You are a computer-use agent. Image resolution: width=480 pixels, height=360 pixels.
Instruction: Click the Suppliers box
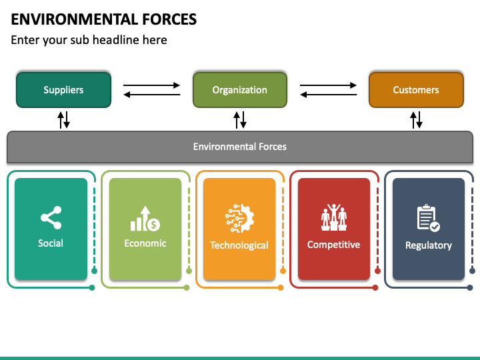[x=64, y=90]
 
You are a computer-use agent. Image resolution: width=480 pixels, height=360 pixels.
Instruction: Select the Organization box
[x=240, y=90]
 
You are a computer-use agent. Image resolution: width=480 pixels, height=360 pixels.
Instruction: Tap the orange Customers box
[x=416, y=90]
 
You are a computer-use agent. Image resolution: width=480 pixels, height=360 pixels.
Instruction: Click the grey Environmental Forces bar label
[x=240, y=147]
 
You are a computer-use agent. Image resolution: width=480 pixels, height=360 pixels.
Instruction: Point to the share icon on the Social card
[x=51, y=217]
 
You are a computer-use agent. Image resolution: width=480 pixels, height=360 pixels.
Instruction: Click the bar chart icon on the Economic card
[x=145, y=219]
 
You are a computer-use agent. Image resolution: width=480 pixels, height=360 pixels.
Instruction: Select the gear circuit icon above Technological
[x=239, y=218]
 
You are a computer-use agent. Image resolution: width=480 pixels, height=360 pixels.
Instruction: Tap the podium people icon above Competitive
[x=334, y=217]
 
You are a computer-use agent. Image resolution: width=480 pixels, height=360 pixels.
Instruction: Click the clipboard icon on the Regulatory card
[x=428, y=218]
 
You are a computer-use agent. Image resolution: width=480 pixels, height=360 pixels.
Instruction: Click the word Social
[x=51, y=243]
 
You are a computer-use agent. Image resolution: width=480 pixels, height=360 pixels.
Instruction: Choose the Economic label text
[x=145, y=243]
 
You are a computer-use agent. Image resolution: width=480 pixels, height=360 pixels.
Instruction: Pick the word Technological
[x=239, y=245]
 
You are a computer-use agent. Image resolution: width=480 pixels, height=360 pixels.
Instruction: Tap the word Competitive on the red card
[x=334, y=245]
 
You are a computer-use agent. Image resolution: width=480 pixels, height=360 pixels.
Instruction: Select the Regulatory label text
[x=429, y=245]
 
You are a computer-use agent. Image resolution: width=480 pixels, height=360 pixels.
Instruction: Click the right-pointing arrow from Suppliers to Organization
[x=151, y=85]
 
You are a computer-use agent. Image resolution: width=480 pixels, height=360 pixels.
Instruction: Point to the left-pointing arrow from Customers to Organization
[x=328, y=95]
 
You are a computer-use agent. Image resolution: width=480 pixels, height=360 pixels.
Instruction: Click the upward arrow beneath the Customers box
[x=413, y=120]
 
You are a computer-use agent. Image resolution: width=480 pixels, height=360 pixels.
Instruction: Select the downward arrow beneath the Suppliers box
[x=67, y=120]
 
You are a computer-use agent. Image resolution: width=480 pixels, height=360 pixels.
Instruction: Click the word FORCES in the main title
[x=169, y=19]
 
